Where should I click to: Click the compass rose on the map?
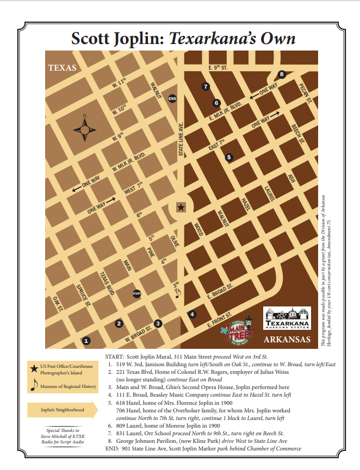point(84,130)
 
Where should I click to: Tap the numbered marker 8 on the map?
point(282,74)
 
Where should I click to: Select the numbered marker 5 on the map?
point(229,157)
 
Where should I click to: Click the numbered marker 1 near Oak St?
point(86,341)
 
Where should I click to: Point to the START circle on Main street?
point(137,293)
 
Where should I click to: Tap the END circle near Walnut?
point(172,98)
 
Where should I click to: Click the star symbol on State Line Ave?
point(181,207)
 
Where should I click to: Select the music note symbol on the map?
point(177,292)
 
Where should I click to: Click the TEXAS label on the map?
point(63,68)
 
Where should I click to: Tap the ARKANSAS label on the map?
point(287,340)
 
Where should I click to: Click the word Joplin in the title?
point(137,39)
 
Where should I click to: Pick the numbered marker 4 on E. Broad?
point(192,314)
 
